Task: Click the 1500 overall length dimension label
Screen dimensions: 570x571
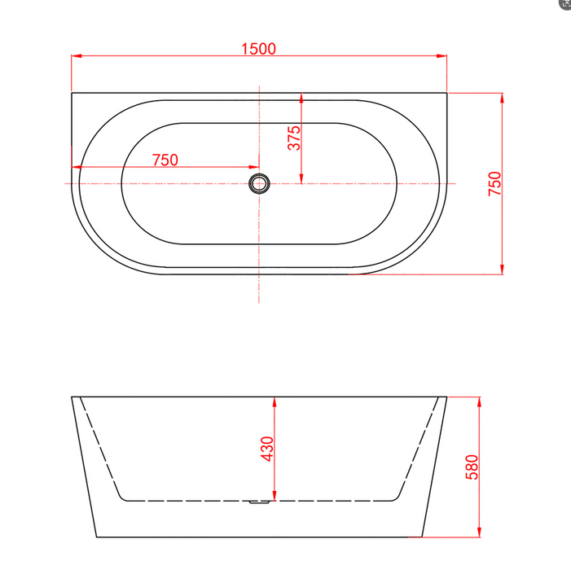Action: coord(258,48)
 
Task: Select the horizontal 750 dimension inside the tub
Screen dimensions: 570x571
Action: coord(165,160)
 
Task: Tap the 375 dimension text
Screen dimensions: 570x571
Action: coord(294,137)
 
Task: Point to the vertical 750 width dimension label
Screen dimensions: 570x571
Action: coord(494,184)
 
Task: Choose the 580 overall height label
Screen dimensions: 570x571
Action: coord(471,467)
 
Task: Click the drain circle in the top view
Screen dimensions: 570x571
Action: coord(259,184)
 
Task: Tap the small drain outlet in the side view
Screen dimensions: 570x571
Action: coord(259,502)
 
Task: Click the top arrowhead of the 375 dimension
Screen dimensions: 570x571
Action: coord(301,97)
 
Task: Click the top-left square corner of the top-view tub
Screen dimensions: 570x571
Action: coord(72,93)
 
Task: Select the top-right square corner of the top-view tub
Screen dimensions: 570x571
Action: coord(447,93)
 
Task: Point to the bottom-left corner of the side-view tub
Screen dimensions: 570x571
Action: coord(96,537)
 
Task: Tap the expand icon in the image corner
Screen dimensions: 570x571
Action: coord(565,4)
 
